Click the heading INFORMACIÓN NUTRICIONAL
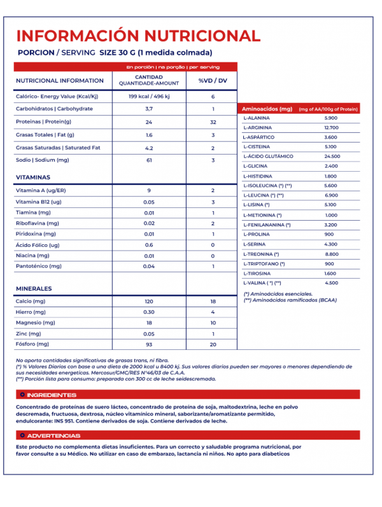tap(138, 36)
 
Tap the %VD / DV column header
tap(213, 81)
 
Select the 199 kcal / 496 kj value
tap(149, 97)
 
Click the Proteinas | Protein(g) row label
tap(43, 122)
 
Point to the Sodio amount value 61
tap(149, 160)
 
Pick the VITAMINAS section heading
tap(33, 177)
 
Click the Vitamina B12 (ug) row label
tap(38, 202)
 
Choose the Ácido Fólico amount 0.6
tap(149, 245)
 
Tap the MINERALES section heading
tap(34, 289)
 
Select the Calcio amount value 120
tap(149, 301)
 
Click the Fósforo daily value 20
tap(213, 344)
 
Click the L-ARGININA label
tap(257, 128)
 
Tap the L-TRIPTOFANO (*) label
tap(264, 263)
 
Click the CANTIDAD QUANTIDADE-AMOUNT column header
tap(149, 81)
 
